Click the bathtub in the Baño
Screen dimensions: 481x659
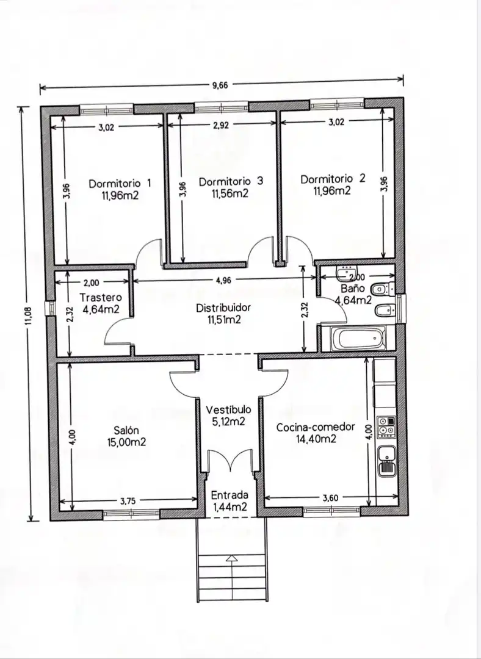pos(358,339)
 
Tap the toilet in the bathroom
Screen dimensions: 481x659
pos(382,289)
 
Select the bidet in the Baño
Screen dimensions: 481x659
pos(385,311)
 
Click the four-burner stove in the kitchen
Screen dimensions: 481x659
pos(386,427)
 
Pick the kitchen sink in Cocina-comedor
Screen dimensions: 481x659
pos(386,461)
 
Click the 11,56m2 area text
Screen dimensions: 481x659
pos(230,193)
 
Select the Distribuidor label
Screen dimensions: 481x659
pos(223,308)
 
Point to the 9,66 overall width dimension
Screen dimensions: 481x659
pos(220,85)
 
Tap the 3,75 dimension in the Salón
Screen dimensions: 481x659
pos(128,500)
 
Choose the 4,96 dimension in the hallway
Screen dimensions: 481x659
pos(223,280)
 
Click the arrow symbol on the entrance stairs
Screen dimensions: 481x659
pos(231,558)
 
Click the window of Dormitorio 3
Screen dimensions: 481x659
pos(222,107)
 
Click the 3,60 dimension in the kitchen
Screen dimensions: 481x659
pos(330,498)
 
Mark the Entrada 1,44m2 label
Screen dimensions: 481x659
pos(230,501)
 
